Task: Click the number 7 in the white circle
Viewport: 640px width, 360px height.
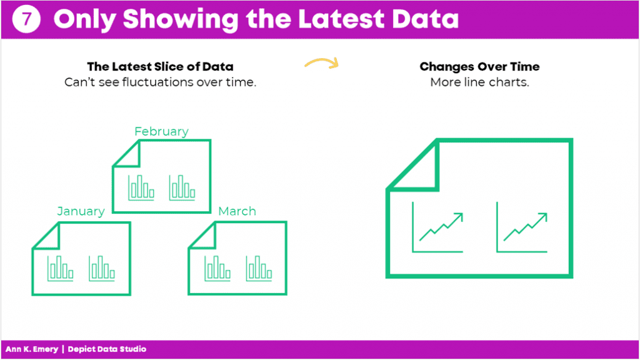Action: click(26, 19)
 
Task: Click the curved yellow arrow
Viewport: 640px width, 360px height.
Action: click(322, 63)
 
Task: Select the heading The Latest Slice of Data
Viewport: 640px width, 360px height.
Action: click(160, 66)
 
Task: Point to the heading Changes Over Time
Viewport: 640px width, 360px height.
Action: click(479, 66)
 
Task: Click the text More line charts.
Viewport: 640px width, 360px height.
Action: click(479, 82)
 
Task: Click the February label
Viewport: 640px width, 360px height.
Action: click(161, 131)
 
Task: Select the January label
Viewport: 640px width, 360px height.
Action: click(81, 211)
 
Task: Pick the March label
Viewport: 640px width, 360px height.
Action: click(237, 211)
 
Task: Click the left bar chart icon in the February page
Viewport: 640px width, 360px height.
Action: click(141, 187)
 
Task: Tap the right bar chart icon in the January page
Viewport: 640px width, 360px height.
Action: click(102, 268)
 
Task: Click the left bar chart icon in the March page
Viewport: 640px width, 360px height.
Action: click(217, 268)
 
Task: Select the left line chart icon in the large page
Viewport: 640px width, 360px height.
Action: click(437, 227)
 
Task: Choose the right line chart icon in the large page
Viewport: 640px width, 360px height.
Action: click(522, 227)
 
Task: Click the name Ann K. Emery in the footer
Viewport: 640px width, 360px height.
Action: click(32, 349)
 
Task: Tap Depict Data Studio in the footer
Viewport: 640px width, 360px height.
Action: click(107, 349)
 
